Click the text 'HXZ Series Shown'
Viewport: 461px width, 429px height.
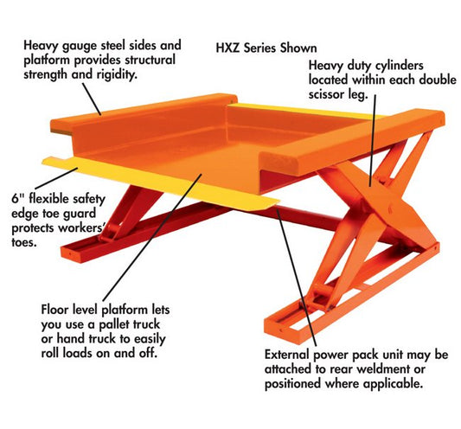(x=266, y=48)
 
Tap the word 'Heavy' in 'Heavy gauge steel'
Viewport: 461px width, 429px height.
(x=41, y=46)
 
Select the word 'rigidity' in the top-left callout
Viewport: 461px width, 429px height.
(x=117, y=74)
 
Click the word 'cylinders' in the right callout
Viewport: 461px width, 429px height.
(x=400, y=66)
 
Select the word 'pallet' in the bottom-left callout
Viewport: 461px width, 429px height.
(x=114, y=324)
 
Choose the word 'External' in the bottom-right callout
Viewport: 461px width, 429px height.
(x=287, y=355)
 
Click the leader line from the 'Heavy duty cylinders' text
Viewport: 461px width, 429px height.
(x=373, y=140)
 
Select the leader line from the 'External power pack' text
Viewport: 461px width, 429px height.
(x=297, y=276)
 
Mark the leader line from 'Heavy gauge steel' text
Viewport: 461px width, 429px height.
(x=92, y=99)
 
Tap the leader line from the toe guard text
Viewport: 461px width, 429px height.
(x=56, y=178)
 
